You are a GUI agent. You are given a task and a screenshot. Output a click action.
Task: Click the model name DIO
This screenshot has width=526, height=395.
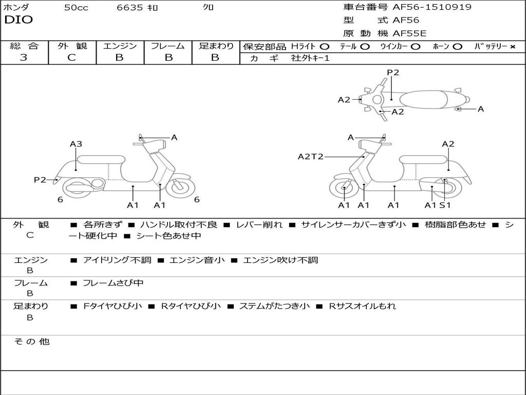click(x=18, y=20)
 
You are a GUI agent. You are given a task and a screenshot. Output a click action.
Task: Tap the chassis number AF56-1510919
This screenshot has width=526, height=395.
click(x=431, y=7)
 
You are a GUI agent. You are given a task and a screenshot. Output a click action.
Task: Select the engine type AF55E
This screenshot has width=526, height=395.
click(x=409, y=34)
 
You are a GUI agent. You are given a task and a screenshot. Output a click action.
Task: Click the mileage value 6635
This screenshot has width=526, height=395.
click(x=129, y=8)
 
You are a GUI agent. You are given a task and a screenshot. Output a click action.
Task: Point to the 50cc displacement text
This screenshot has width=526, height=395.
click(x=76, y=8)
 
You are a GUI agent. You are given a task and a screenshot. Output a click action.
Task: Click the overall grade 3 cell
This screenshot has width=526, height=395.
click(x=24, y=58)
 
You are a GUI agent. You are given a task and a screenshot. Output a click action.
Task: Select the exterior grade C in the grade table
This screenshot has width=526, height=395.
click(x=72, y=58)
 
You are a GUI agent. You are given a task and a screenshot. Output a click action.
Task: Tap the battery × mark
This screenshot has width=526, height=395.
click(x=512, y=47)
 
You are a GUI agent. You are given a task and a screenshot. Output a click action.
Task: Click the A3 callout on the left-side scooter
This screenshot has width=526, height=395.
click(x=76, y=144)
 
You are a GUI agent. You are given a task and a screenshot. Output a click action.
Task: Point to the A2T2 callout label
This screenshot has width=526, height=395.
click(x=310, y=156)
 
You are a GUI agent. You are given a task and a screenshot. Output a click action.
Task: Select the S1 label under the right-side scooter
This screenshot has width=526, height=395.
click(x=445, y=205)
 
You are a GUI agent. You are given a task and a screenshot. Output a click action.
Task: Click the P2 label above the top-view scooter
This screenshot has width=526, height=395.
click(x=393, y=73)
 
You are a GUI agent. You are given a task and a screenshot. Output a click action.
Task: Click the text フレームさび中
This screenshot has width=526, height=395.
click(x=113, y=283)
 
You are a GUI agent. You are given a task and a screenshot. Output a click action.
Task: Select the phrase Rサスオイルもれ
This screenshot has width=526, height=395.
click(x=363, y=306)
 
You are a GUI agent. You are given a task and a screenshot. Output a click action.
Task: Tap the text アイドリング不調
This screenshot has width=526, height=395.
click(x=117, y=260)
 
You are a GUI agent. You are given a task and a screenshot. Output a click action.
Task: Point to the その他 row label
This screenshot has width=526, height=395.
click(x=31, y=342)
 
